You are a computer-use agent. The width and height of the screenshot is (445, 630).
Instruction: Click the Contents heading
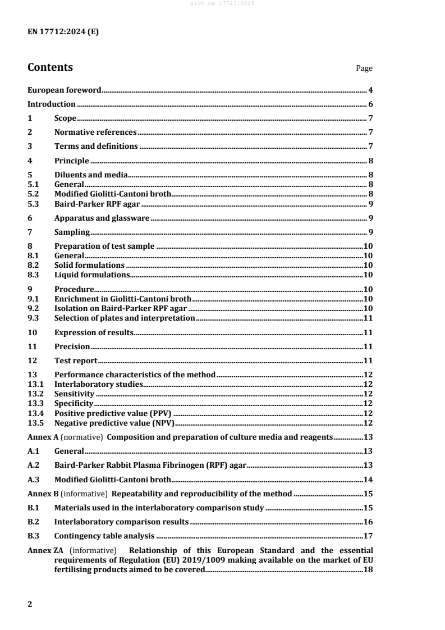click(x=50, y=67)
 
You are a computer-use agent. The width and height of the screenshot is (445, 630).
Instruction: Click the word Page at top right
click(x=364, y=69)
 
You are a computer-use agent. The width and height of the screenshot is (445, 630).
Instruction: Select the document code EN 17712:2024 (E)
click(x=63, y=31)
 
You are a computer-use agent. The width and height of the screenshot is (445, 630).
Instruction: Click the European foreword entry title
click(x=65, y=90)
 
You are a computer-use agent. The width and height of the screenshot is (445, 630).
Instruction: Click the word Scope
click(x=65, y=118)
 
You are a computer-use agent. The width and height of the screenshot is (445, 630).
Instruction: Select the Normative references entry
click(x=95, y=132)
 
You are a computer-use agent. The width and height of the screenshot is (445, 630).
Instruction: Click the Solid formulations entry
click(x=89, y=265)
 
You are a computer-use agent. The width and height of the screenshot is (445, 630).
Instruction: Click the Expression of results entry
click(x=94, y=332)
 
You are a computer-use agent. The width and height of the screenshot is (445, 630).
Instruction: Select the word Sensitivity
click(x=75, y=394)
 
